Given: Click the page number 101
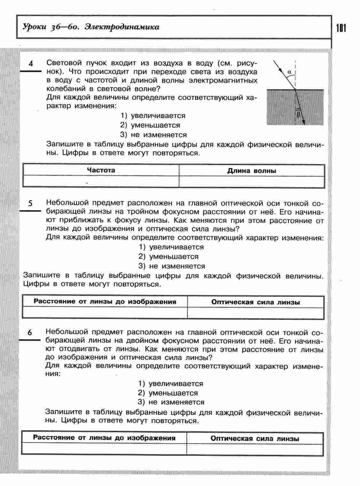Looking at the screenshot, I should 341,28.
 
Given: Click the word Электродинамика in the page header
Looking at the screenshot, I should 122,27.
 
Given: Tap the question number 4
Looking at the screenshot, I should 31,63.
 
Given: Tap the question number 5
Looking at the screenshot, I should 30,203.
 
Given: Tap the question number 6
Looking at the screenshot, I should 30,332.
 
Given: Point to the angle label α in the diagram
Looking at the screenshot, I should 289,72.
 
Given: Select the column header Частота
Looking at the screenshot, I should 101,170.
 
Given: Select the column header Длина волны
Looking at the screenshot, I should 252,171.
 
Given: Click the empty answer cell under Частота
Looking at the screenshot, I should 101,181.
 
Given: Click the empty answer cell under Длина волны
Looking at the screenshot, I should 252,181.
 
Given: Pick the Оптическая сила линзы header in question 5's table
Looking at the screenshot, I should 255,302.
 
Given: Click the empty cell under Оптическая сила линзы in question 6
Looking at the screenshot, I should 255,449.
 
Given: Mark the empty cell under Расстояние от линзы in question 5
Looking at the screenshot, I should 105,312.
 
